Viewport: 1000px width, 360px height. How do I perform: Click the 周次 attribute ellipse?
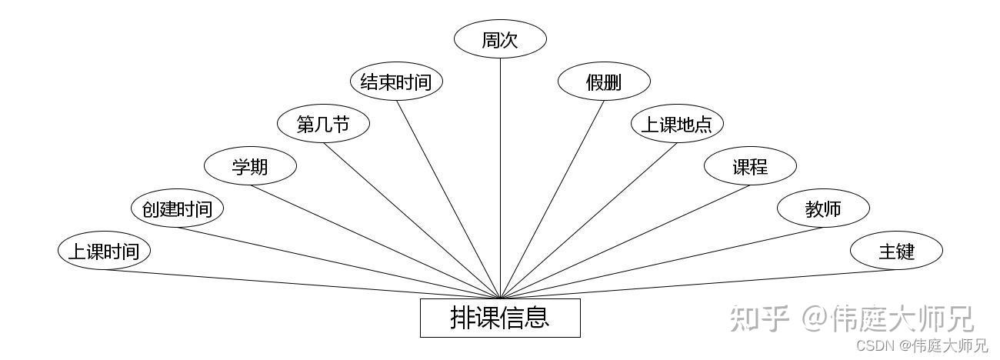coord(500,40)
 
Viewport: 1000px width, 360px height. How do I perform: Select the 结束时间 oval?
coord(396,82)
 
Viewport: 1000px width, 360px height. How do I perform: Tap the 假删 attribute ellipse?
coord(604,82)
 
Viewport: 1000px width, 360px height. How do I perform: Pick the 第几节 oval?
coord(323,124)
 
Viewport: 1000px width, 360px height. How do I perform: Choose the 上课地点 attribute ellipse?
coord(677,124)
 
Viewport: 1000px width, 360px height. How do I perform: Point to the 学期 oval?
coord(250,166)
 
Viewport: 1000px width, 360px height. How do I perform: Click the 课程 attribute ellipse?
coord(750,166)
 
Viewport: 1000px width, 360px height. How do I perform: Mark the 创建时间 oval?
coord(177,208)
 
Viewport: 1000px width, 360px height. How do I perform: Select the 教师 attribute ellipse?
coord(823,208)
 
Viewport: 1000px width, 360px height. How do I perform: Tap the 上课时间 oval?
coord(104,251)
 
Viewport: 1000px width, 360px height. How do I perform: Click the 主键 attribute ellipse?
coord(896,251)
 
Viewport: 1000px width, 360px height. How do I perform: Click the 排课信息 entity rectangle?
coord(500,318)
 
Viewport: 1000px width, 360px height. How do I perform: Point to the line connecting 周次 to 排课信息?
coord(500,177)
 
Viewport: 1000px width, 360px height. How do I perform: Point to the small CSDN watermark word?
coord(875,345)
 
